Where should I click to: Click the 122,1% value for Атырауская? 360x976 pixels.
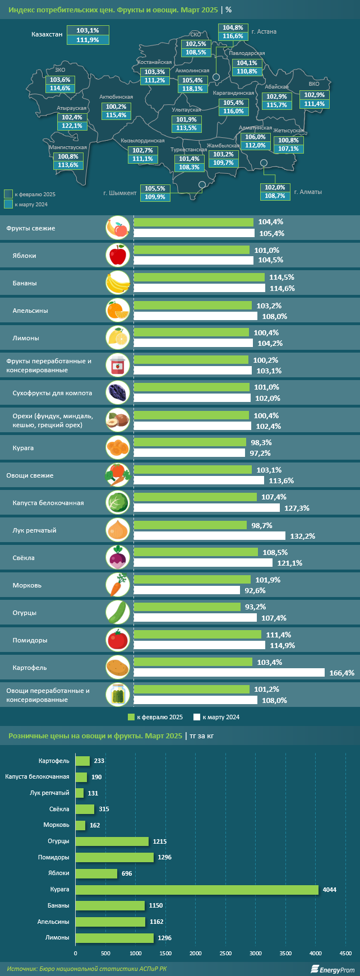click(72, 126)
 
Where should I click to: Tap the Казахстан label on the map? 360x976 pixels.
click(47, 34)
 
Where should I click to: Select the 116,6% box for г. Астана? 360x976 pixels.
click(233, 36)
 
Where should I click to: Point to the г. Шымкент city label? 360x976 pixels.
click(120, 193)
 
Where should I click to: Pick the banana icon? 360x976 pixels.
click(118, 283)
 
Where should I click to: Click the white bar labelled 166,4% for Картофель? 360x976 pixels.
click(229, 673)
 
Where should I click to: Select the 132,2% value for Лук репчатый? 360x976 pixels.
click(303, 536)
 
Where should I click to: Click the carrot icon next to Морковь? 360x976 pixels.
click(118, 585)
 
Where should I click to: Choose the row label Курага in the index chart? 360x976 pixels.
click(23, 448)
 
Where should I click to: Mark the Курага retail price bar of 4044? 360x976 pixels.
click(197, 890)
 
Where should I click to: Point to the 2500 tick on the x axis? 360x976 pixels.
click(225, 954)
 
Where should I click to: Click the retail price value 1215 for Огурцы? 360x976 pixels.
click(159, 841)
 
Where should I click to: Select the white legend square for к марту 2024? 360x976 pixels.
click(197, 717)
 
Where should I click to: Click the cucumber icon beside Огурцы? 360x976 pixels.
click(118, 612)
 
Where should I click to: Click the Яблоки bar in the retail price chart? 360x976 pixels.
click(96, 873)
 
